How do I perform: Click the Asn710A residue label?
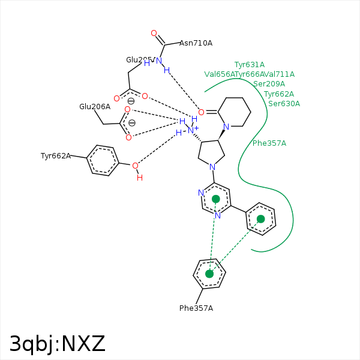tap(196, 43)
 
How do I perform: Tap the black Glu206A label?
tap(95, 107)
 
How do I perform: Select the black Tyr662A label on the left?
tap(56, 156)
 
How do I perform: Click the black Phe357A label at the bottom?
tap(196, 308)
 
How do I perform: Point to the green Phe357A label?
tap(269, 143)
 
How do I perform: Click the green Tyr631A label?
tap(250, 65)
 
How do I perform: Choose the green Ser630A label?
tap(284, 104)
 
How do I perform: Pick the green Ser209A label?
tap(269, 84)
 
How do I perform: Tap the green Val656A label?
tap(220, 74)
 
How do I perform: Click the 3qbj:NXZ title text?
tap(58, 344)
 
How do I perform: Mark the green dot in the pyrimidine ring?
tap(216, 199)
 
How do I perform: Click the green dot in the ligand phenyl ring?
tap(261, 219)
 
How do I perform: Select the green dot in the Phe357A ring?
tap(209, 274)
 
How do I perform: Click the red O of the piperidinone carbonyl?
tap(201, 112)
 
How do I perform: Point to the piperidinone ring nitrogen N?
tap(226, 127)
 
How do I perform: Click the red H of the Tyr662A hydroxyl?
tap(140, 178)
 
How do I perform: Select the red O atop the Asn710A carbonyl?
tap(154, 34)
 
